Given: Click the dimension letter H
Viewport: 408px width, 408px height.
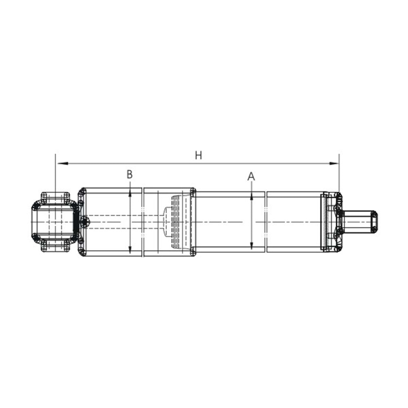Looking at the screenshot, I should pyautogui.click(x=198, y=155).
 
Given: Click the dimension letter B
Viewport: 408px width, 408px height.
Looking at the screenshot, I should pyautogui.click(x=129, y=175).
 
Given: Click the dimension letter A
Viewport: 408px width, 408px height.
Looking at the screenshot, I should pyautogui.click(x=251, y=177).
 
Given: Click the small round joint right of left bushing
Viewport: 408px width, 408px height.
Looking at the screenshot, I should pyautogui.click(x=85, y=222).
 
